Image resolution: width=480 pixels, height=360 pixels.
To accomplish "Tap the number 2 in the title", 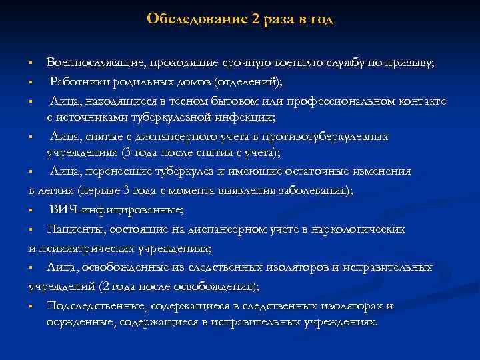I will pos(256,19).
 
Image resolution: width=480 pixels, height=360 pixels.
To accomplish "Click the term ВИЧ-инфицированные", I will pos(116,209).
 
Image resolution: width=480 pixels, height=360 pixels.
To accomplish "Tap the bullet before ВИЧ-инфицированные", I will pos(31,211).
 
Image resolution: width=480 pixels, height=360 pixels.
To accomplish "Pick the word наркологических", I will pos(357,229).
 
